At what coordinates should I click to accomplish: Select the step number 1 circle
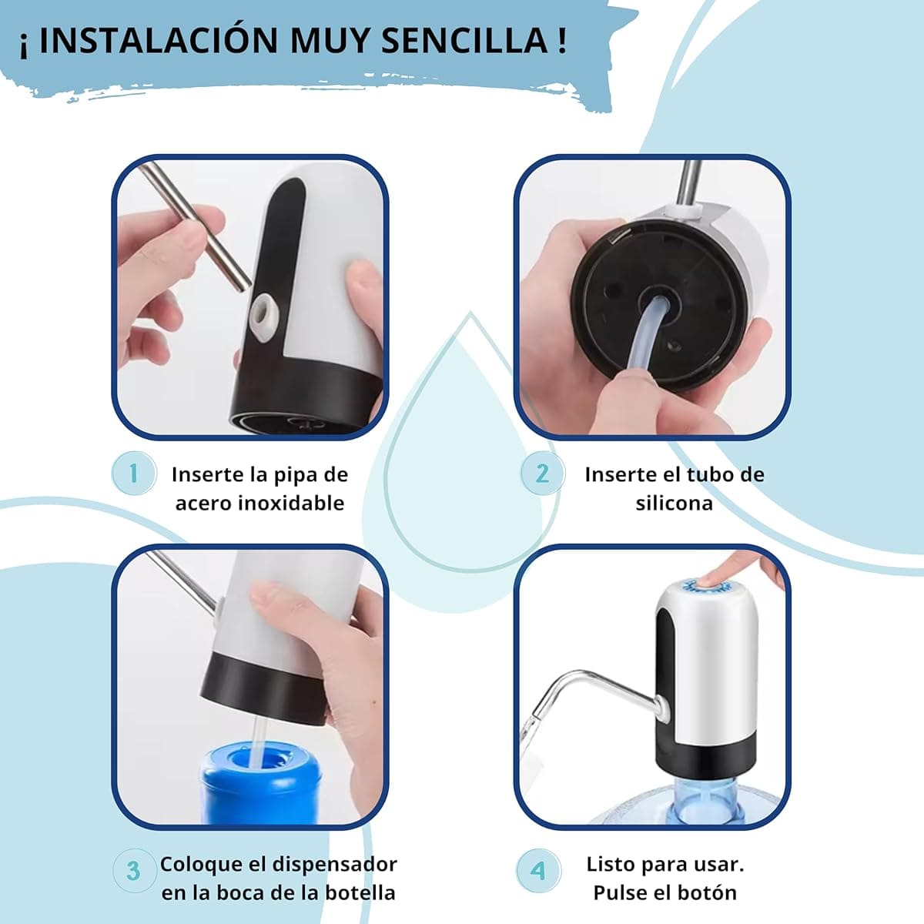(133, 473)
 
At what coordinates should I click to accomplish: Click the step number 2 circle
(542, 473)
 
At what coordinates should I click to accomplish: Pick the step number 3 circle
(133, 870)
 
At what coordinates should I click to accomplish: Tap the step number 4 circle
(537, 870)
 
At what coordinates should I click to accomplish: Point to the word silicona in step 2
(674, 504)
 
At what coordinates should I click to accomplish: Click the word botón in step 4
(708, 893)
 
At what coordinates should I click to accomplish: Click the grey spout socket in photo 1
(265, 312)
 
